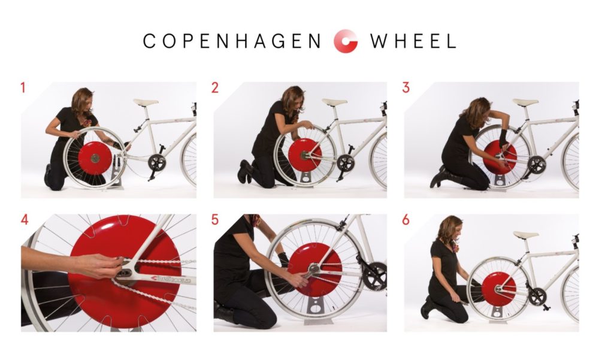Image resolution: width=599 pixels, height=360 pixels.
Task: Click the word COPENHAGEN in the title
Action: (232, 41)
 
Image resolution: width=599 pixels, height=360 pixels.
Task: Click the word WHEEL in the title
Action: (413, 41)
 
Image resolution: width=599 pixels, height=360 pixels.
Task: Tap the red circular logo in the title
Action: (346, 41)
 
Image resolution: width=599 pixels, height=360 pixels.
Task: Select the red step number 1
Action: (23, 88)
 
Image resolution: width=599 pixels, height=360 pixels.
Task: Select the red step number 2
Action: (214, 88)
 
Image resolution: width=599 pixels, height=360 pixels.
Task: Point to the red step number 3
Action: (406, 88)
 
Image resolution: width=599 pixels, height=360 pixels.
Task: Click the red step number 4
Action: (25, 220)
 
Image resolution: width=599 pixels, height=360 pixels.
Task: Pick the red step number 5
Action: (214, 220)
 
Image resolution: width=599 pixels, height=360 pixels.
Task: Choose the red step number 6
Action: (406, 220)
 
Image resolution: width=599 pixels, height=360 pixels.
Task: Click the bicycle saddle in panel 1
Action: (146, 102)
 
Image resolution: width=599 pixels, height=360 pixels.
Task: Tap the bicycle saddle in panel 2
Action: (334, 102)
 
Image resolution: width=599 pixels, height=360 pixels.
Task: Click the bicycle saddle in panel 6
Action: (526, 234)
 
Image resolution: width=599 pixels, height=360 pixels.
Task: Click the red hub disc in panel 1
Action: (95, 158)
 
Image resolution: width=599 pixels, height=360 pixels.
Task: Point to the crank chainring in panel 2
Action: (346, 163)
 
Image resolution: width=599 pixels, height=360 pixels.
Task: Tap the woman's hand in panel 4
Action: (99, 265)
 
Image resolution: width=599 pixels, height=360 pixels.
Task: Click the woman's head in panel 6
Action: (451, 228)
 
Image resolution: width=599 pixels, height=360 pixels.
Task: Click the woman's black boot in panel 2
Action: (244, 172)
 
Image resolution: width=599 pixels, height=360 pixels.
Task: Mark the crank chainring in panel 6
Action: (537, 296)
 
